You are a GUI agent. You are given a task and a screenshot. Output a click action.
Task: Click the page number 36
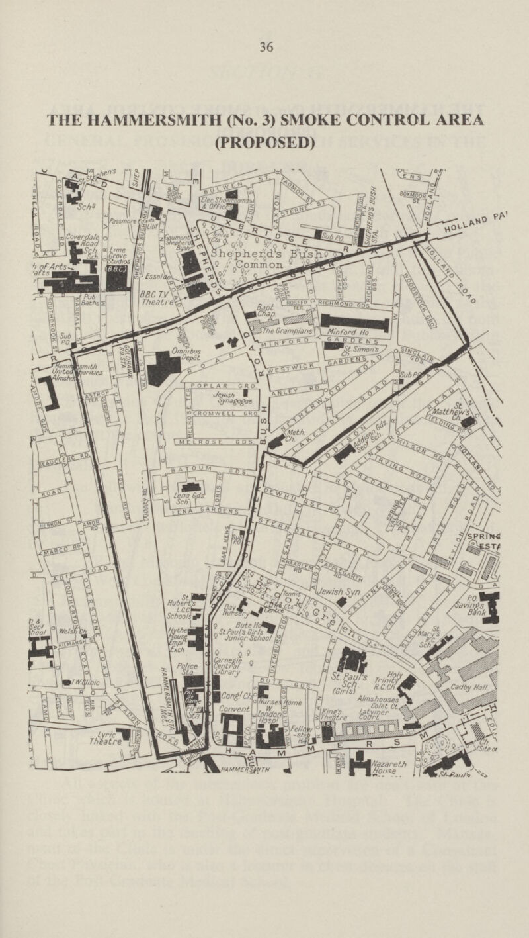click(x=266, y=47)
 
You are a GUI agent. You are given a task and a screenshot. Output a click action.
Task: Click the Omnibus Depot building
click(x=163, y=366)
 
